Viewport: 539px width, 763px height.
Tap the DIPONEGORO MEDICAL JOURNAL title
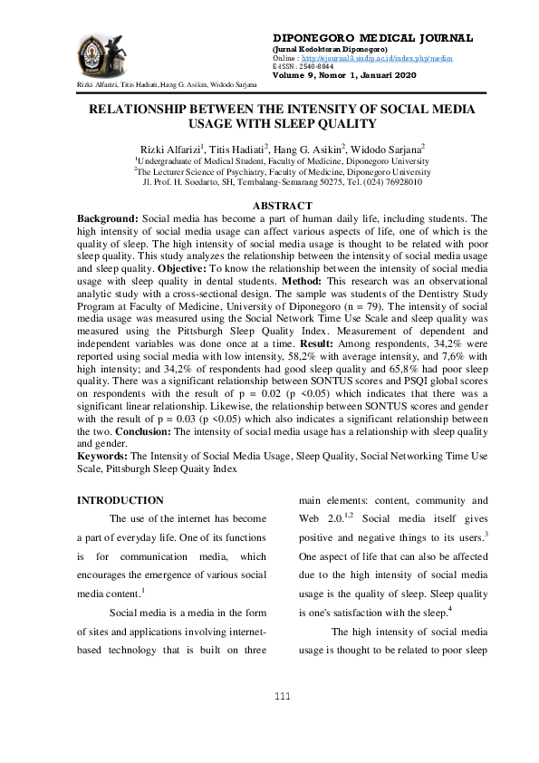pyautogui.click(x=371, y=38)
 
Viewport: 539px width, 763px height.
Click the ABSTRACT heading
pyautogui.click(x=269, y=207)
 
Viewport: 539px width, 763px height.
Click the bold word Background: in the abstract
pyautogui.click(x=108, y=219)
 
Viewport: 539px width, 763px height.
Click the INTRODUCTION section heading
pyautogui.click(x=120, y=500)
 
